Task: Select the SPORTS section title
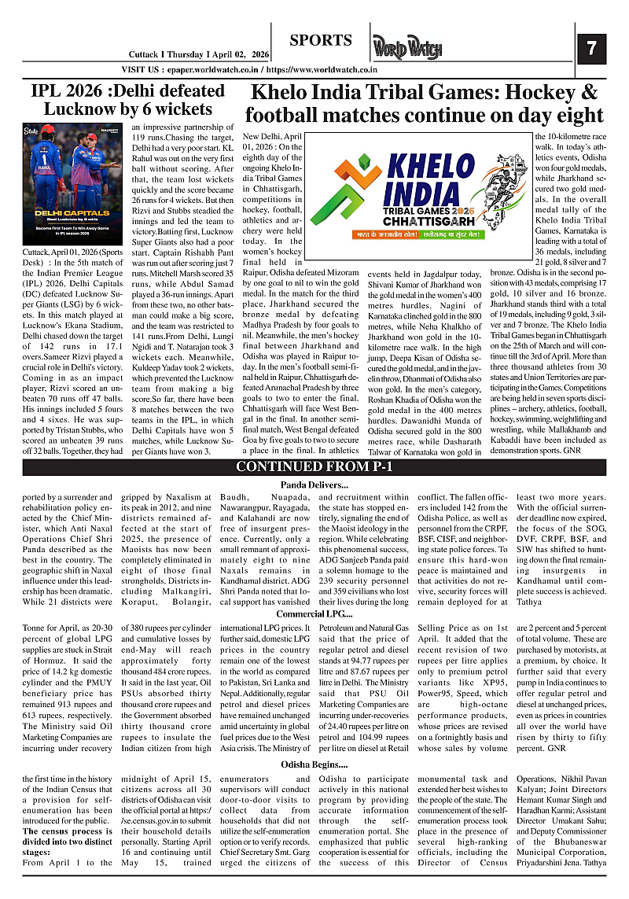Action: click(x=320, y=40)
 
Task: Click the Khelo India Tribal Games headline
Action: click(x=425, y=104)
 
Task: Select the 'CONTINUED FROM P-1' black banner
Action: click(x=314, y=467)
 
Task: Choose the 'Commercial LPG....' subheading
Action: click(x=314, y=613)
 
